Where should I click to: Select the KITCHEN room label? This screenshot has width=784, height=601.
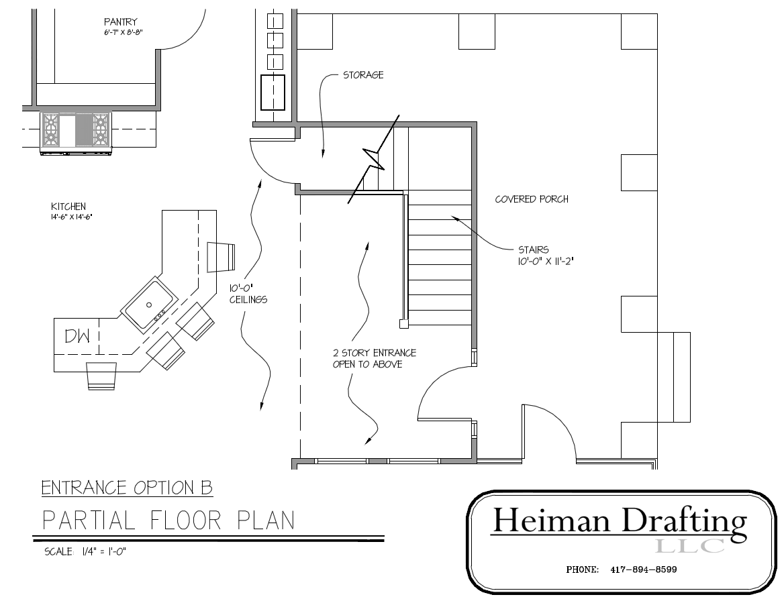pos(68,207)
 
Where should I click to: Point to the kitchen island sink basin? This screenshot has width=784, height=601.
pos(149,305)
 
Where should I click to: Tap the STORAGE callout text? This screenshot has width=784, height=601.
pos(363,75)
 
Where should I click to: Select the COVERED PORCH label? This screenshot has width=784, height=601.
pos(532,199)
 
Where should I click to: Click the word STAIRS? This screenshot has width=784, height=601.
pos(534,250)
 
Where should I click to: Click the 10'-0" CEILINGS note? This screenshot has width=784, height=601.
pos(248,294)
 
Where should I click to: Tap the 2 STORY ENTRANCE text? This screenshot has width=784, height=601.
pos(375,353)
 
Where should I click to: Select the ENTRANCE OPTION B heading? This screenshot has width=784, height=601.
pos(127,488)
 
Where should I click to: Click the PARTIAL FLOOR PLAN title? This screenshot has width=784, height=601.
pos(168,521)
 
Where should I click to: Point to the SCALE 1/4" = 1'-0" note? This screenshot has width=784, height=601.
pos(86,552)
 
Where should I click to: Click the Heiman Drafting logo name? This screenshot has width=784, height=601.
pos(619,521)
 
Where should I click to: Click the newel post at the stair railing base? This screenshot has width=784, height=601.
pos(403,324)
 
